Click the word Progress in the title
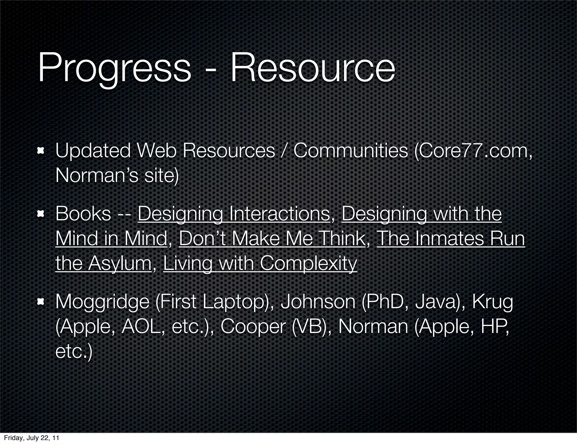(114, 68)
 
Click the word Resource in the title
(312, 68)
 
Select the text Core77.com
(473, 150)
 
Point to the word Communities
(350, 150)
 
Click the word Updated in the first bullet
(93, 150)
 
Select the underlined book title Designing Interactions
(234, 214)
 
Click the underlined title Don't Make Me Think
(272, 239)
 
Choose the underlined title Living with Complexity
(260, 263)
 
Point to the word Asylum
(119, 263)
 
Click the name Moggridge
(102, 302)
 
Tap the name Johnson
(318, 302)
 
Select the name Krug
(492, 302)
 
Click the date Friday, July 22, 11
(32, 438)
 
